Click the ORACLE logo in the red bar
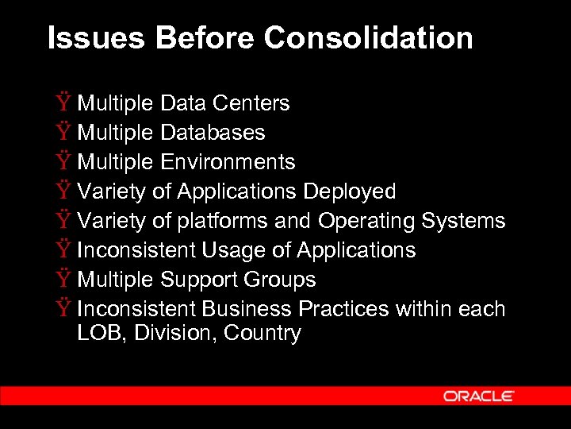pyautogui.click(x=479, y=396)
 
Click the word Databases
pyautogui.click(x=213, y=133)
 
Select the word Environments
pyautogui.click(x=228, y=162)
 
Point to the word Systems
pyautogui.click(x=464, y=221)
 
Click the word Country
pyautogui.click(x=263, y=333)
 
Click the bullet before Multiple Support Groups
pyautogui.click(x=63, y=280)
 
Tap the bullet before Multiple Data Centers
pyautogui.click(x=63, y=103)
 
